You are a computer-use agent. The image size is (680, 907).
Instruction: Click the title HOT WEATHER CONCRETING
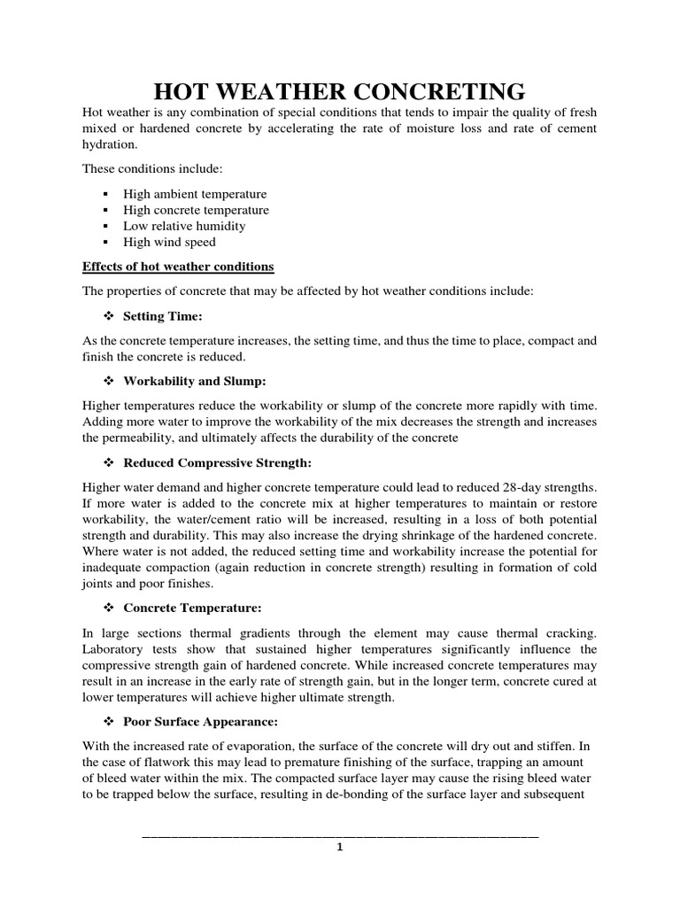[340, 91]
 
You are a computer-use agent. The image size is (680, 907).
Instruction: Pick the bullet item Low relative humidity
[184, 226]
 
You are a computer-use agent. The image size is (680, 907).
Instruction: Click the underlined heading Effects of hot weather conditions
[178, 267]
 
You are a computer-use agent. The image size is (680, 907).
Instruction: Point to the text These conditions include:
[141, 169]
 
